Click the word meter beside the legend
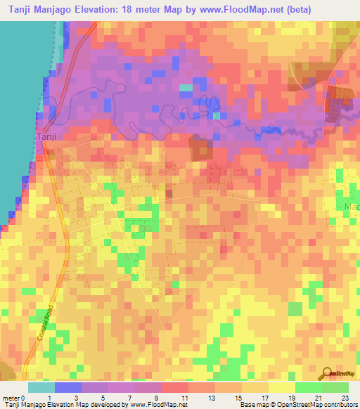tap(11, 398)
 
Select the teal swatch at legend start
tap(41, 387)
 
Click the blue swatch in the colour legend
tap(67, 387)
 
